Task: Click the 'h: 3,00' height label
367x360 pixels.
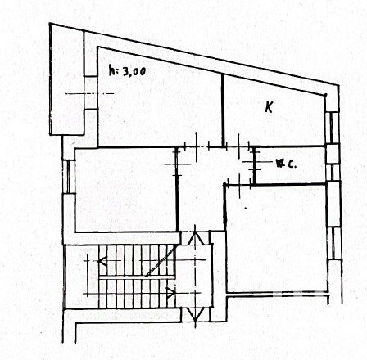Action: tap(127, 70)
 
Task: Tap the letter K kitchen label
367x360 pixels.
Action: tap(269, 106)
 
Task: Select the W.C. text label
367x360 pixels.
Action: tap(286, 164)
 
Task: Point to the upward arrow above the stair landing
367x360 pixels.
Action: tap(195, 236)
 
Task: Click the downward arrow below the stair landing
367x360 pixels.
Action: tap(196, 314)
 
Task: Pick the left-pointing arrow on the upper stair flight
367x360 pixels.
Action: tap(102, 261)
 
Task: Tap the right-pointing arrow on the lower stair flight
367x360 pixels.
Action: tap(171, 293)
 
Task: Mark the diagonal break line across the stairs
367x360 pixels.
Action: tap(161, 261)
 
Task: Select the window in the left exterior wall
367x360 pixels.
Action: tap(69, 177)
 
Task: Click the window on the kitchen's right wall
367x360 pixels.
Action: tap(332, 128)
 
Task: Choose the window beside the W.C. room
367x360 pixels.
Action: tap(333, 173)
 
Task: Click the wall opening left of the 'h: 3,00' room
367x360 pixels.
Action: tap(91, 93)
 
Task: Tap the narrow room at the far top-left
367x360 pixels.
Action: tap(67, 80)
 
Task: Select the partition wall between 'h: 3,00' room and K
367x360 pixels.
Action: tap(223, 110)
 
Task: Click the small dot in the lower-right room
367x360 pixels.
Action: tap(246, 209)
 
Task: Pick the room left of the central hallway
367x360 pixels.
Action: tap(126, 190)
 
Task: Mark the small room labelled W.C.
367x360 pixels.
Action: tap(290, 166)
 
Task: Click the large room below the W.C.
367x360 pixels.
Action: tap(276, 239)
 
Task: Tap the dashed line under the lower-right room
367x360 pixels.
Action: tap(278, 294)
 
